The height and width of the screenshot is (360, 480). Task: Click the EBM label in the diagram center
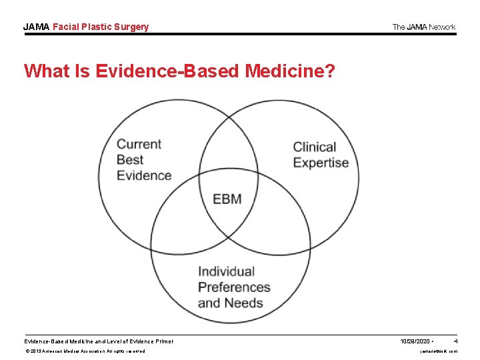(x=227, y=199)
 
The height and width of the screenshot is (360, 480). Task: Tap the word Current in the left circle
(x=139, y=144)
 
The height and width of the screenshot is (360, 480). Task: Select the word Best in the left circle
(x=130, y=160)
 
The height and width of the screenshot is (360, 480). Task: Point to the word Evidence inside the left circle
(x=144, y=176)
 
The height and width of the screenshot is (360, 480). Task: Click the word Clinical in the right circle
(x=314, y=147)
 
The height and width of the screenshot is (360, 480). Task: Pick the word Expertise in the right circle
(x=321, y=163)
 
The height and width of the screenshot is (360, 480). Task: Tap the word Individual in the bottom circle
(x=227, y=271)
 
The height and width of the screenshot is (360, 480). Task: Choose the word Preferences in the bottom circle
(x=234, y=287)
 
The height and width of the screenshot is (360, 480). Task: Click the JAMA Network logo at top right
(x=424, y=27)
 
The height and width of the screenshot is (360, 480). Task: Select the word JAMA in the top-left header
(x=36, y=27)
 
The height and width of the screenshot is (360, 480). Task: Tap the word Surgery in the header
(x=131, y=27)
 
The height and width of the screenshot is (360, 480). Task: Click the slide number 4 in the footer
(x=455, y=341)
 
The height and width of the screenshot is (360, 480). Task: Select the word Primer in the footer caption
(x=163, y=341)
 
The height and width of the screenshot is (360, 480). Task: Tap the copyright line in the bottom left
(x=85, y=351)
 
